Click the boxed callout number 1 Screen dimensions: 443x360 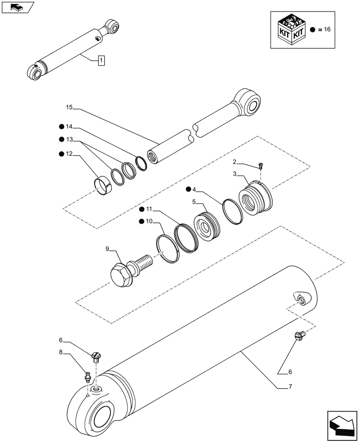(x=101, y=60)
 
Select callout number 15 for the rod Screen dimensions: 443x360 (x=69, y=108)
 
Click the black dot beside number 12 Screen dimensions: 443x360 (x=61, y=154)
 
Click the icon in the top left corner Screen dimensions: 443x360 (x=17, y=8)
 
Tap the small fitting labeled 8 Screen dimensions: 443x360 (x=88, y=377)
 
